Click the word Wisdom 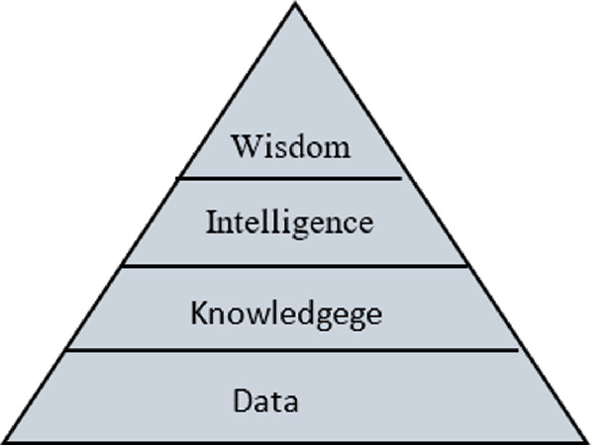point(290,146)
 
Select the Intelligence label point(289,222)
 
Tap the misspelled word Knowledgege point(286,313)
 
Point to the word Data point(265,400)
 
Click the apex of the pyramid point(295,4)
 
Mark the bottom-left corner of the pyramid point(4,441)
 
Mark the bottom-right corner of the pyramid point(587,441)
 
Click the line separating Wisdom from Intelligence point(289,178)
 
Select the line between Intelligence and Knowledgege point(294,265)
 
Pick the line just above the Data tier point(292,349)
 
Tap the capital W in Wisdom point(244,146)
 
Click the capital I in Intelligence point(211,222)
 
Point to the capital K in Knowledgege point(197,313)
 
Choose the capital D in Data point(242,400)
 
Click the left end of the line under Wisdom point(178,178)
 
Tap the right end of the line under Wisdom point(401,178)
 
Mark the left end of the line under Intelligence point(122,265)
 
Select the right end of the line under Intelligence point(466,265)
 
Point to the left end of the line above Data point(66,349)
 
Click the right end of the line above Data point(518,349)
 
